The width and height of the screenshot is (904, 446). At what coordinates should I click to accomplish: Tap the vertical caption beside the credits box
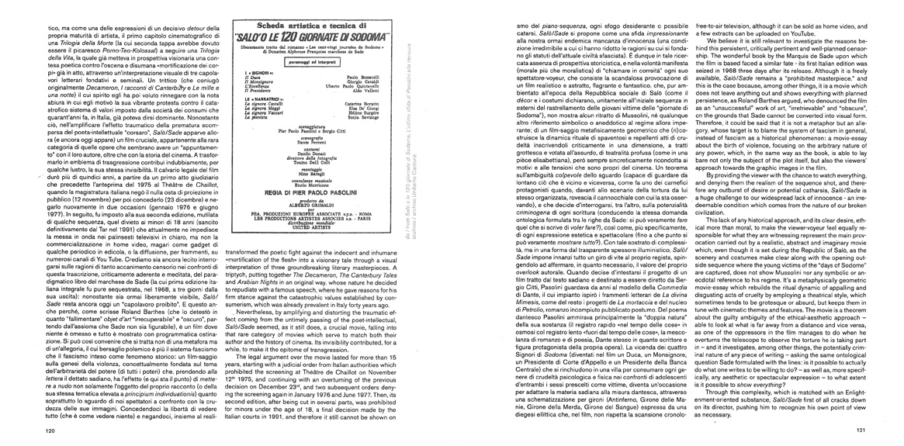[x=428, y=108]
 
